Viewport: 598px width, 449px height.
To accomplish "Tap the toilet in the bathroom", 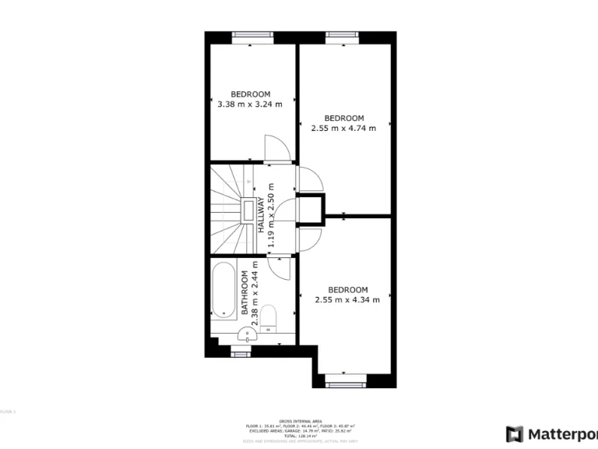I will pos(269,316).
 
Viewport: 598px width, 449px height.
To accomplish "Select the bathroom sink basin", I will pos(248,335).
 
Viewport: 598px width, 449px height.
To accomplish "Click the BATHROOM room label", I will pos(244,292).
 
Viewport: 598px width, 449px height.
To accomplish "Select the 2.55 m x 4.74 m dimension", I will pos(343,128).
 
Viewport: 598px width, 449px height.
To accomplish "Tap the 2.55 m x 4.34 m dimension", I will pos(347,299).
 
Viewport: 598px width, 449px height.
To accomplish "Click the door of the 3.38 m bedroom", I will pos(276,148).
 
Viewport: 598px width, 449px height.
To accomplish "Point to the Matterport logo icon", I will pos(514,433).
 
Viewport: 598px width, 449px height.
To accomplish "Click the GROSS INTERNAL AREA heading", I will pos(299,419).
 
